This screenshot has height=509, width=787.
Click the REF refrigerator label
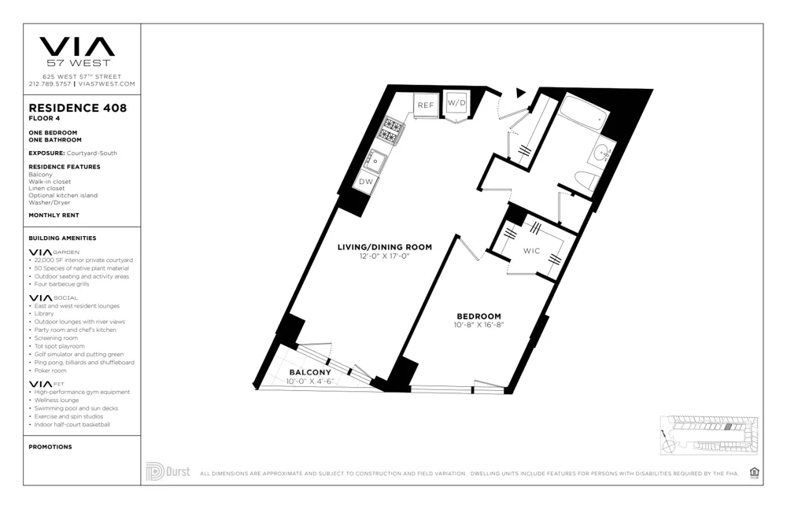(x=426, y=105)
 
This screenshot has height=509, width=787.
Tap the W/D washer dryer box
(x=456, y=103)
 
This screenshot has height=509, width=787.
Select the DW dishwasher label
(x=366, y=182)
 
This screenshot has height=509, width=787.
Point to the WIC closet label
(x=532, y=252)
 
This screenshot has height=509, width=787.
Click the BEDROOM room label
(x=478, y=316)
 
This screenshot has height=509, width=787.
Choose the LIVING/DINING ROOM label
(x=384, y=247)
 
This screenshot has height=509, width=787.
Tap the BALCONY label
(x=309, y=372)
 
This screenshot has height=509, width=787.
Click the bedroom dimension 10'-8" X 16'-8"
(x=478, y=325)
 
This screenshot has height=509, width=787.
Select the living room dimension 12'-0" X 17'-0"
(x=384, y=256)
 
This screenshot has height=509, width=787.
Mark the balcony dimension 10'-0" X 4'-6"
(x=310, y=381)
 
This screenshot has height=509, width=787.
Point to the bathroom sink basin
(x=604, y=151)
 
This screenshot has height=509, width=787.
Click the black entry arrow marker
(x=519, y=93)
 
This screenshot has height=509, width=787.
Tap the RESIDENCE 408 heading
(x=77, y=108)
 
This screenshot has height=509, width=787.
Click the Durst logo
(x=168, y=471)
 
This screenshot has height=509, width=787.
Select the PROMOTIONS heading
(x=50, y=447)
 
